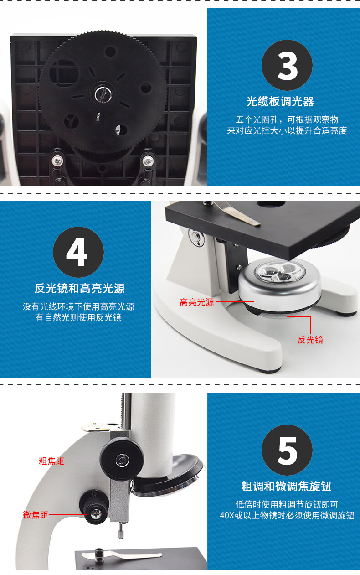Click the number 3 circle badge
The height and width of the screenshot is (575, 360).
[287, 65]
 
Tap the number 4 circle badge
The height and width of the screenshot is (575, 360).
[78, 252]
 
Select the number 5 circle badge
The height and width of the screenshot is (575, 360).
[287, 450]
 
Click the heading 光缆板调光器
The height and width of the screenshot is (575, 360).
[280, 102]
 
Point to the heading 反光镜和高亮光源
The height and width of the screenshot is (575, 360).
[80, 289]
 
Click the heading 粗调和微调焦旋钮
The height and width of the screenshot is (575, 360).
[286, 487]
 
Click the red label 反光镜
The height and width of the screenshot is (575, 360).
[310, 340]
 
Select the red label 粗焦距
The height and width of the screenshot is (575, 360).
[51, 461]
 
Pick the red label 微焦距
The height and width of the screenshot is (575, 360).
[36, 515]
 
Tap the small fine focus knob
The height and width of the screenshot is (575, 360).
[94, 508]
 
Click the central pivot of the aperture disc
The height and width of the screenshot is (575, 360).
[103, 94]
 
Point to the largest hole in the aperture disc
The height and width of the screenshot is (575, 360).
[64, 73]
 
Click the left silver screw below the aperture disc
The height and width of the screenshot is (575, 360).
[57, 161]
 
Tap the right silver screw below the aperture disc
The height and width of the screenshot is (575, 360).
[148, 161]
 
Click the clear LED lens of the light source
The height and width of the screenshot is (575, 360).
[280, 272]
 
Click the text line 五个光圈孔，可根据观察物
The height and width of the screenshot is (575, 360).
[287, 119]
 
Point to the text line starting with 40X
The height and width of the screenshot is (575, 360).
[287, 515]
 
